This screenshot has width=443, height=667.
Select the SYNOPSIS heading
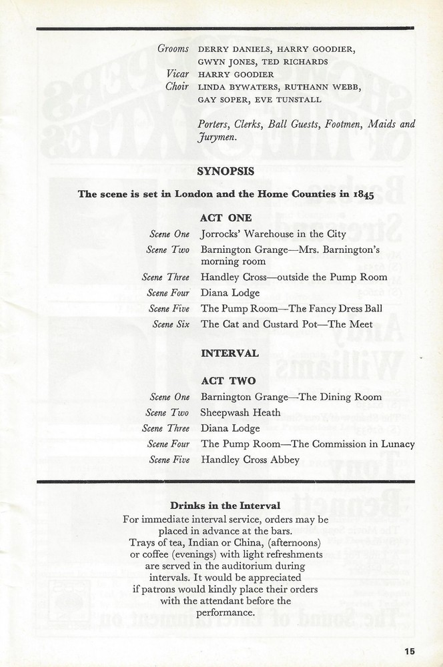pos(226,171)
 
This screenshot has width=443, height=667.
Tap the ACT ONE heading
pos(226,217)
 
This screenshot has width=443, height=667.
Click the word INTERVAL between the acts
pos(230,354)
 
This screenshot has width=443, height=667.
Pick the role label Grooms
pos(173,49)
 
